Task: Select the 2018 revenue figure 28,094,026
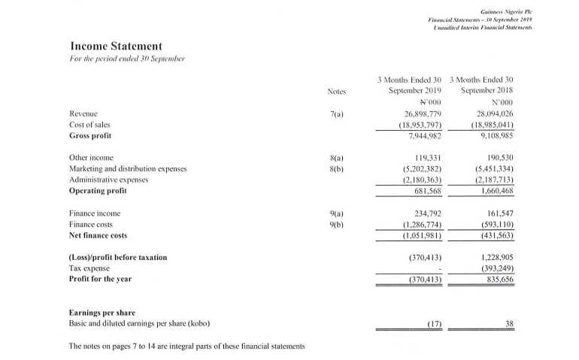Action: click(x=493, y=113)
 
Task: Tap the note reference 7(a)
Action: click(x=336, y=113)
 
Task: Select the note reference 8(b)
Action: click(x=336, y=170)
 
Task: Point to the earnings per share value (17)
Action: click(x=431, y=324)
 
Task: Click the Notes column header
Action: click(x=336, y=92)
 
